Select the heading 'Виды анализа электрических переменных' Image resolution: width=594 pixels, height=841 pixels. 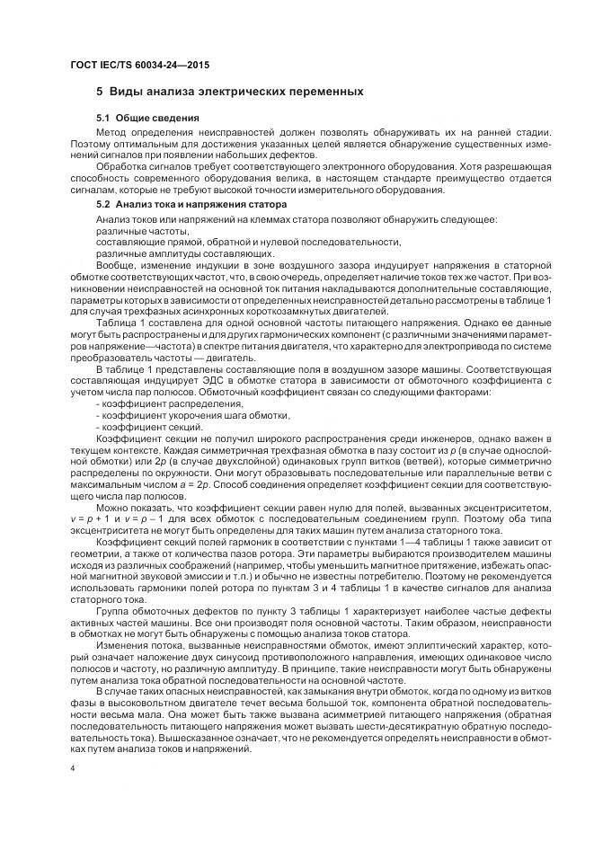236,92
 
